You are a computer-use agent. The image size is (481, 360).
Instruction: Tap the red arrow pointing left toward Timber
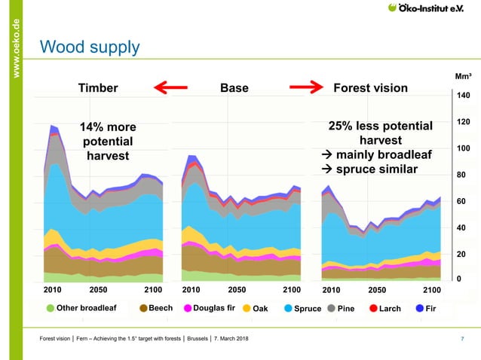coord(170,89)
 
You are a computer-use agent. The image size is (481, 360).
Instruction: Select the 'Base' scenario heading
coord(234,89)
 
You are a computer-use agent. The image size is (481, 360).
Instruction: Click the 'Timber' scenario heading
coord(98,89)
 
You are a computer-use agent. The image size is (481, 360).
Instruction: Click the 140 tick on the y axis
coord(463,96)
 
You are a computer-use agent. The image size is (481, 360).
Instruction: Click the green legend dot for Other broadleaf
coord(51,308)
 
